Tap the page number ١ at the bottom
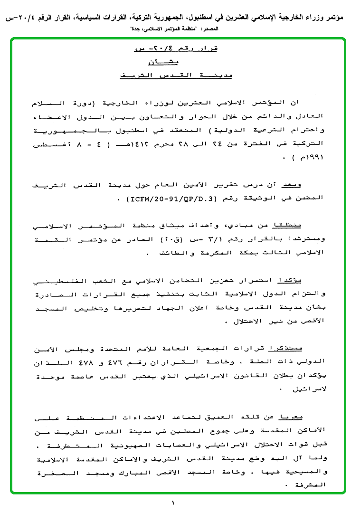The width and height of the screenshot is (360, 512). pos(173,502)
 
